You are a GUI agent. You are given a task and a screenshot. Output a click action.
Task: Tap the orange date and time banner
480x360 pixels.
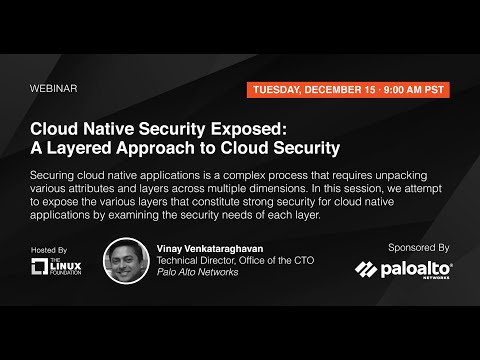pos(346,88)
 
